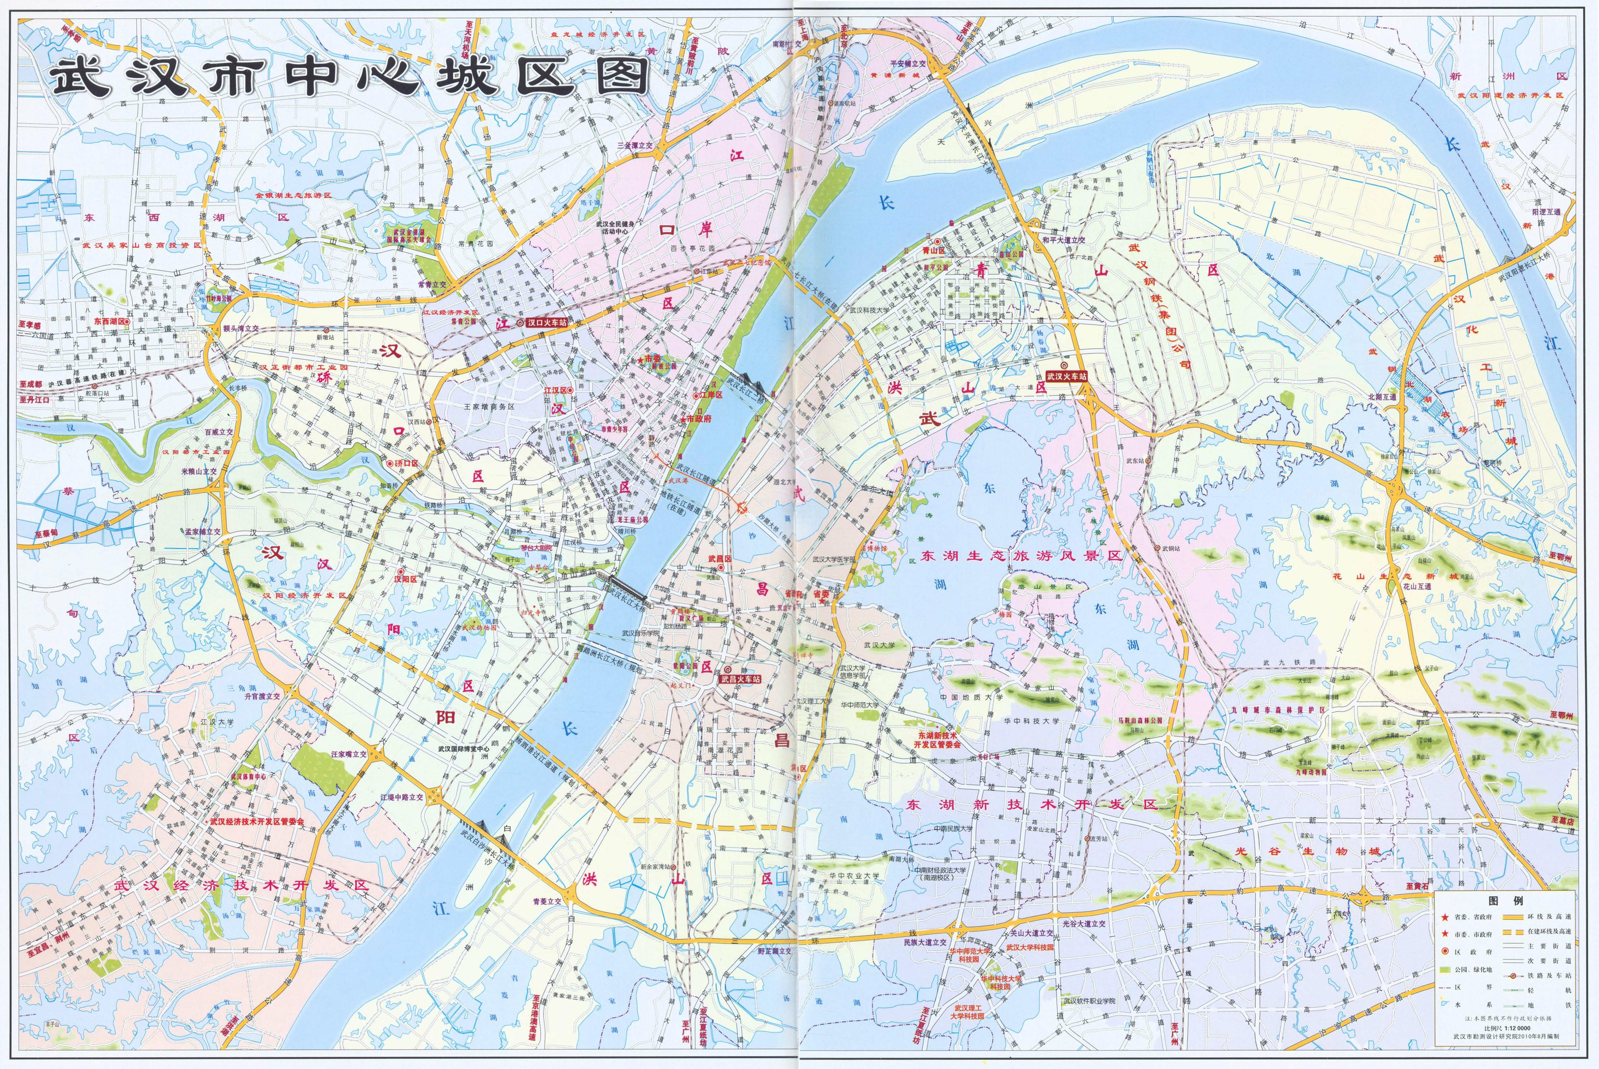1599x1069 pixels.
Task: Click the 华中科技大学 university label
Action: [1031, 721]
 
